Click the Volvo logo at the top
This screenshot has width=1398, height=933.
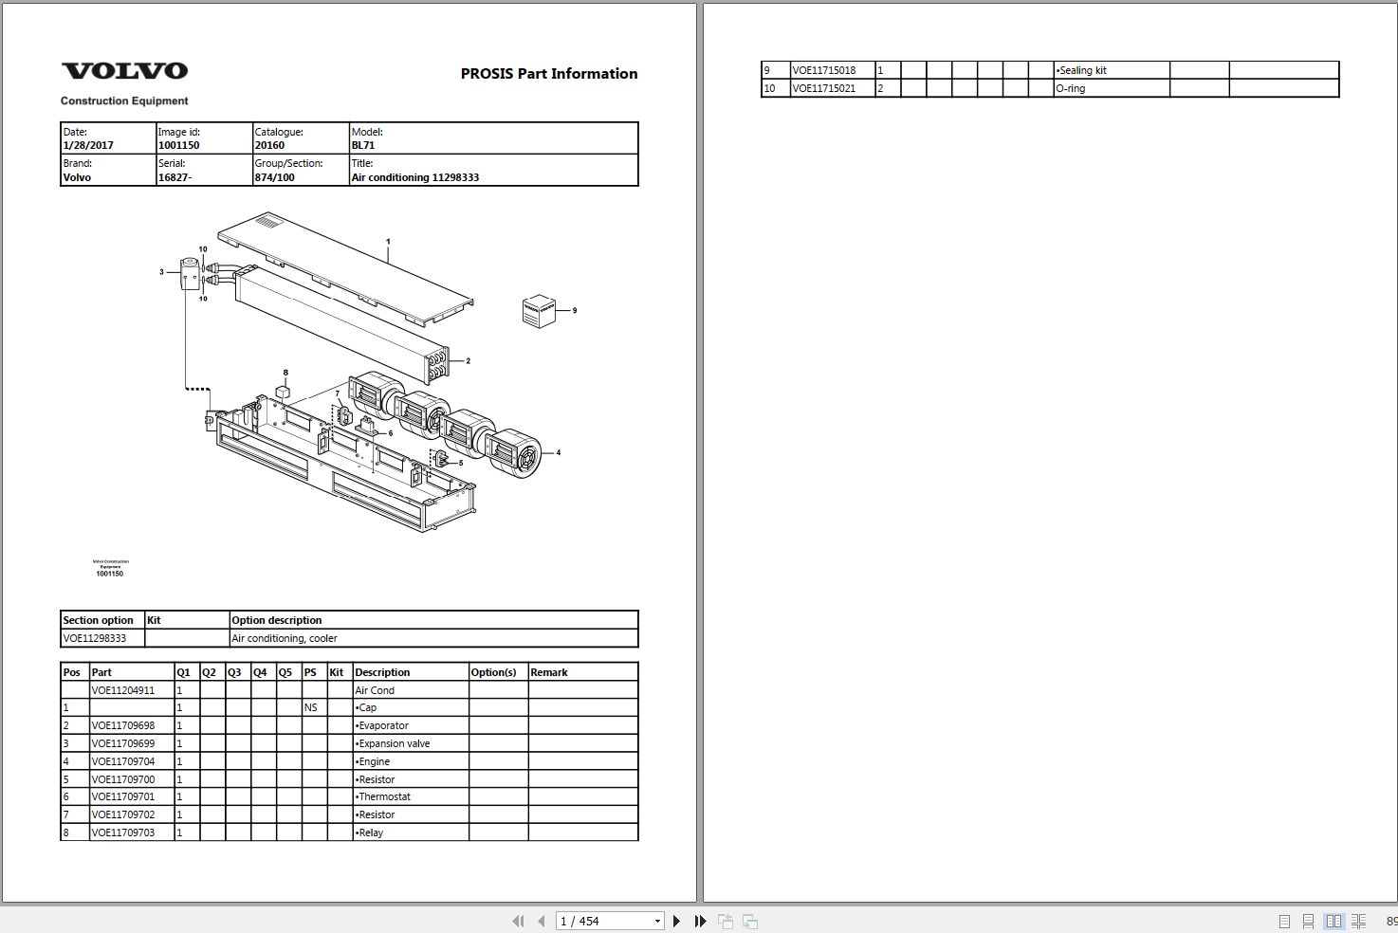pyautogui.click(x=124, y=71)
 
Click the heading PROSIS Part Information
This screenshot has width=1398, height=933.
pyautogui.click(x=548, y=74)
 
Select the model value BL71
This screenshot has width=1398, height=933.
pyautogui.click(x=363, y=146)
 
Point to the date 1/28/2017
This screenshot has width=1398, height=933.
pyautogui.click(x=88, y=146)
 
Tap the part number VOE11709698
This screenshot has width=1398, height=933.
pyautogui.click(x=123, y=726)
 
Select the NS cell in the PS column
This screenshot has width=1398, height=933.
pyautogui.click(x=311, y=708)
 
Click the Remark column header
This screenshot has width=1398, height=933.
pyautogui.click(x=549, y=673)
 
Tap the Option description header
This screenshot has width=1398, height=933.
pyautogui.click(x=277, y=621)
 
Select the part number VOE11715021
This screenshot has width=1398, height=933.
pyautogui.click(x=824, y=89)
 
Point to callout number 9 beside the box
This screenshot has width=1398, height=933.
pyautogui.click(x=575, y=310)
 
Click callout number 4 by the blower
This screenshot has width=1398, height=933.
pyautogui.click(x=559, y=453)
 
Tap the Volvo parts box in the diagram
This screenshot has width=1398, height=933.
pyautogui.click(x=539, y=311)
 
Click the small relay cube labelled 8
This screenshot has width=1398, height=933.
pyautogui.click(x=283, y=390)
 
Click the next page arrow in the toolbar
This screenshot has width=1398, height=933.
pyautogui.click(x=676, y=921)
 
